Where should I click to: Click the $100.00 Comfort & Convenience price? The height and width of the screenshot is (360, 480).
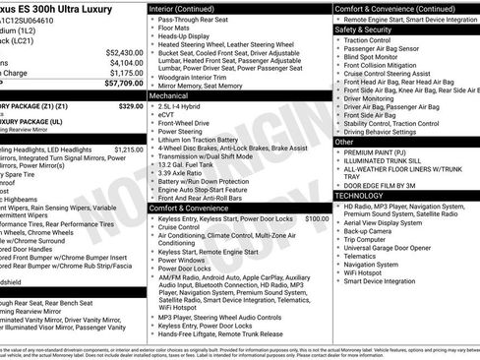pos(317,218)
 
